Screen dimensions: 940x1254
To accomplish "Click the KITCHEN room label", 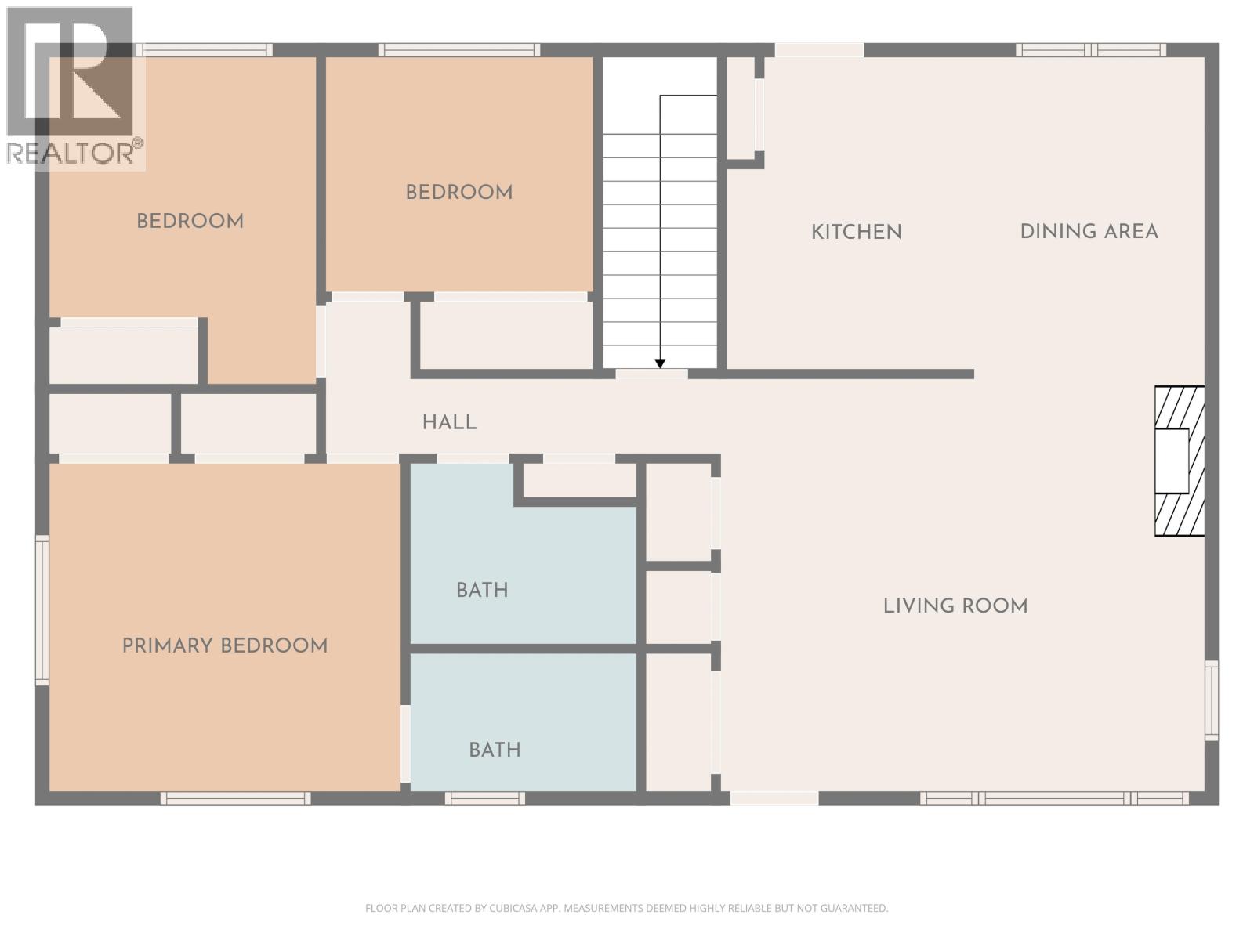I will tap(856, 232).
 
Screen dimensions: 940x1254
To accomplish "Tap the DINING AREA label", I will tap(1089, 231).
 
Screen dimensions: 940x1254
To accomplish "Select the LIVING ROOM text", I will tap(955, 606).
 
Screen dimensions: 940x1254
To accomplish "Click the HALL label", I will tap(449, 422).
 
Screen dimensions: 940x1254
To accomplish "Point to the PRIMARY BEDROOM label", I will tap(224, 645).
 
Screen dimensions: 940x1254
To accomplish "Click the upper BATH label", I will tap(482, 590).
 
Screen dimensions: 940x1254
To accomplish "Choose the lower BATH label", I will tap(495, 750).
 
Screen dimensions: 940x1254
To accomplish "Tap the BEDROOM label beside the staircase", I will tap(458, 192).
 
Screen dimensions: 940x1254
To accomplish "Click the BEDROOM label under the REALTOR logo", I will tap(190, 221).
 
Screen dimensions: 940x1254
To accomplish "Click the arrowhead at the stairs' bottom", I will tap(660, 363).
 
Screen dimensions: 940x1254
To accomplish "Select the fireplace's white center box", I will tap(1172, 461).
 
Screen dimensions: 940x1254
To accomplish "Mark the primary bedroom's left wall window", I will tap(42, 609).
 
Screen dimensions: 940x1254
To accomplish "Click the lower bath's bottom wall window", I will tap(484, 798).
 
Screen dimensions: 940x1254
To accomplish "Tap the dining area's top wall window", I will tap(1090, 50).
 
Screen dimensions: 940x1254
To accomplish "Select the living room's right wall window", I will tap(1212, 700).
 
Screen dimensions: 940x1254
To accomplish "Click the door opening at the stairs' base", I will tap(651, 374).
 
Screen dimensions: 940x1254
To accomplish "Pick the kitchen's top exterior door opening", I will tap(819, 50).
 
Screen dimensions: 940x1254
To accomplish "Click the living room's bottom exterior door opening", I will tap(774, 798).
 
